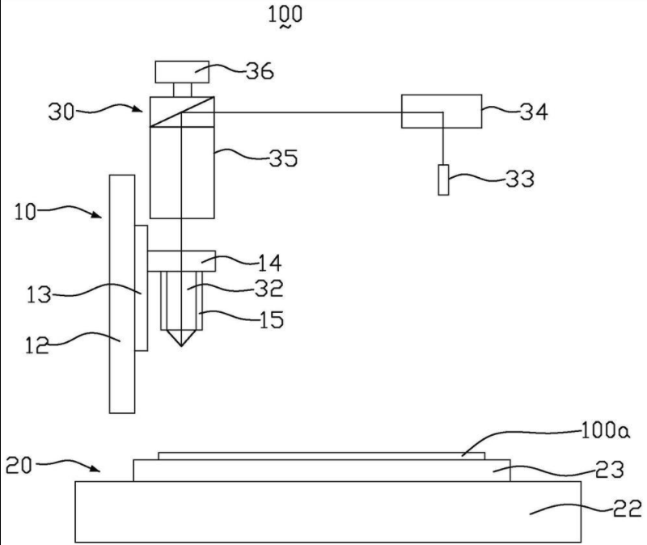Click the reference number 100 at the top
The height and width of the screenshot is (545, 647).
pyautogui.click(x=285, y=14)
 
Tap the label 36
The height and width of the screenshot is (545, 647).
pyautogui.click(x=260, y=71)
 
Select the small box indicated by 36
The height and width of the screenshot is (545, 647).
pyautogui.click(x=182, y=72)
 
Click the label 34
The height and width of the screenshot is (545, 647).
pyautogui.click(x=534, y=112)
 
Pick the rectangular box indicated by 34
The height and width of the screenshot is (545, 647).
pyautogui.click(x=442, y=112)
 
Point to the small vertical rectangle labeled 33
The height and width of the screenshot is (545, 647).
pyautogui.click(x=443, y=180)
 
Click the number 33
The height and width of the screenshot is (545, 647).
pyautogui.click(x=520, y=179)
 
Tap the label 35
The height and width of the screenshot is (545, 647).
pyautogui.click(x=283, y=158)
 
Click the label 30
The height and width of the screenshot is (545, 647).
pyautogui.click(x=61, y=112)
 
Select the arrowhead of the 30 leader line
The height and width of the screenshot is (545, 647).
pyautogui.click(x=137, y=109)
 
